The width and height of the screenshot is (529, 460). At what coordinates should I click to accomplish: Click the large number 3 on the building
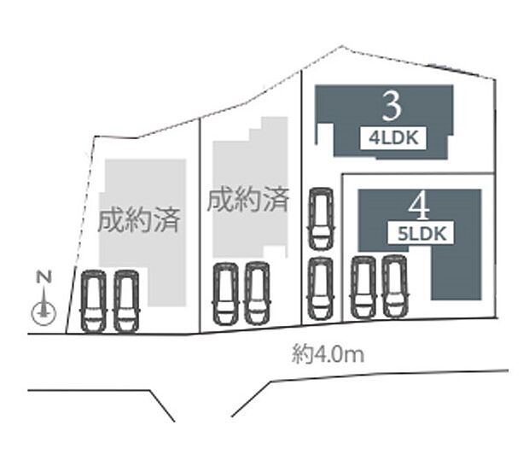click(392, 107)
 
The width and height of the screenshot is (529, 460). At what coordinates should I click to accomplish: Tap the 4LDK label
click(393, 138)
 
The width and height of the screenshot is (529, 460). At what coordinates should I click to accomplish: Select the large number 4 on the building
click(419, 207)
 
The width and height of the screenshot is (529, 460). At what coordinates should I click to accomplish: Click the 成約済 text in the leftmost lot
click(139, 220)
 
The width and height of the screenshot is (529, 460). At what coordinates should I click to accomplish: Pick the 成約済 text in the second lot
click(248, 200)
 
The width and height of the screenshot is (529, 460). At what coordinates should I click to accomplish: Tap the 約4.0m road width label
click(328, 355)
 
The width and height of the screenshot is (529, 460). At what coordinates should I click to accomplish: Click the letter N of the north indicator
click(44, 277)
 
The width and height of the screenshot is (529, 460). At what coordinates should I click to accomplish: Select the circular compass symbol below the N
click(43, 312)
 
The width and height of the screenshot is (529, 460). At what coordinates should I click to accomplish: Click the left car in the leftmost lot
click(93, 301)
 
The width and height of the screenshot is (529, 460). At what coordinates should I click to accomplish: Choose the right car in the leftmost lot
click(125, 301)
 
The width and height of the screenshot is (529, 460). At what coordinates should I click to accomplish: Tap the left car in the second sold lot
click(225, 294)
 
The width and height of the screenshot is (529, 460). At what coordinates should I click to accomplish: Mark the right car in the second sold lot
click(257, 294)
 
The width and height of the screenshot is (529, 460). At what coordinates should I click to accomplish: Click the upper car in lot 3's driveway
click(321, 218)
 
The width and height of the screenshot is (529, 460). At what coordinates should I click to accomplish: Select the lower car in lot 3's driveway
click(320, 288)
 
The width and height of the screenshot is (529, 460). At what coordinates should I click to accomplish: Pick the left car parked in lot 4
click(363, 287)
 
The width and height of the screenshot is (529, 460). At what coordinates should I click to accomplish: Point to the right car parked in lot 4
click(395, 286)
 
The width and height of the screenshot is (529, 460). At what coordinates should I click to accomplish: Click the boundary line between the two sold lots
click(201, 225)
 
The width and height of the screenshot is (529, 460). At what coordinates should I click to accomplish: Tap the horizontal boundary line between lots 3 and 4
click(418, 174)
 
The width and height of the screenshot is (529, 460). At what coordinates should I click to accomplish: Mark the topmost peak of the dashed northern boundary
click(342, 46)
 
